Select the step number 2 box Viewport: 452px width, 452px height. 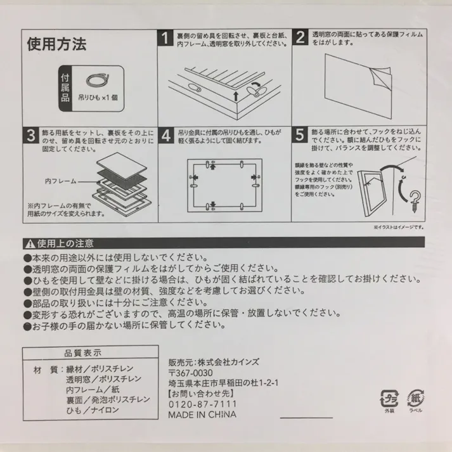tap(300, 37)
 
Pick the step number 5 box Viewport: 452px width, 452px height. tap(300, 136)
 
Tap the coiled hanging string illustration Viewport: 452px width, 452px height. tap(97, 81)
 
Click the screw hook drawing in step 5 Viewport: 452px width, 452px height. tap(414, 198)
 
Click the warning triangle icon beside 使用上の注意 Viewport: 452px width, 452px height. tap(29, 243)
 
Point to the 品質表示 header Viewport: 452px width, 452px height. tap(82, 352)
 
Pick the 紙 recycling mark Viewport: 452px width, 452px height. tap(416, 397)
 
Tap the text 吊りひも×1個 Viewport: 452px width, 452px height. tap(98, 99)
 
